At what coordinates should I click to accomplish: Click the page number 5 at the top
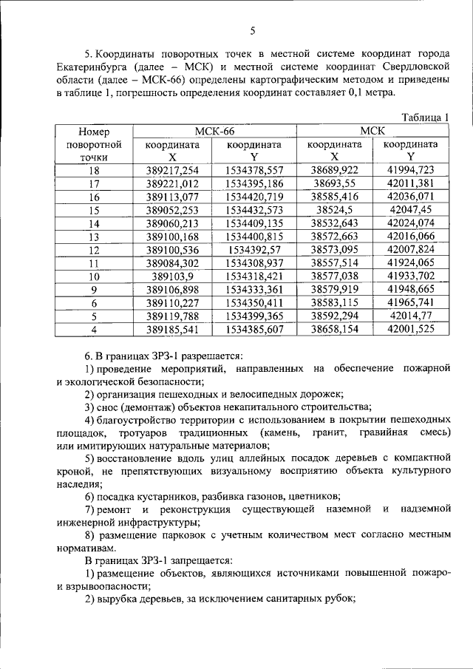tap(252, 30)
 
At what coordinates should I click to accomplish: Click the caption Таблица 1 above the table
tap(424, 118)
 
